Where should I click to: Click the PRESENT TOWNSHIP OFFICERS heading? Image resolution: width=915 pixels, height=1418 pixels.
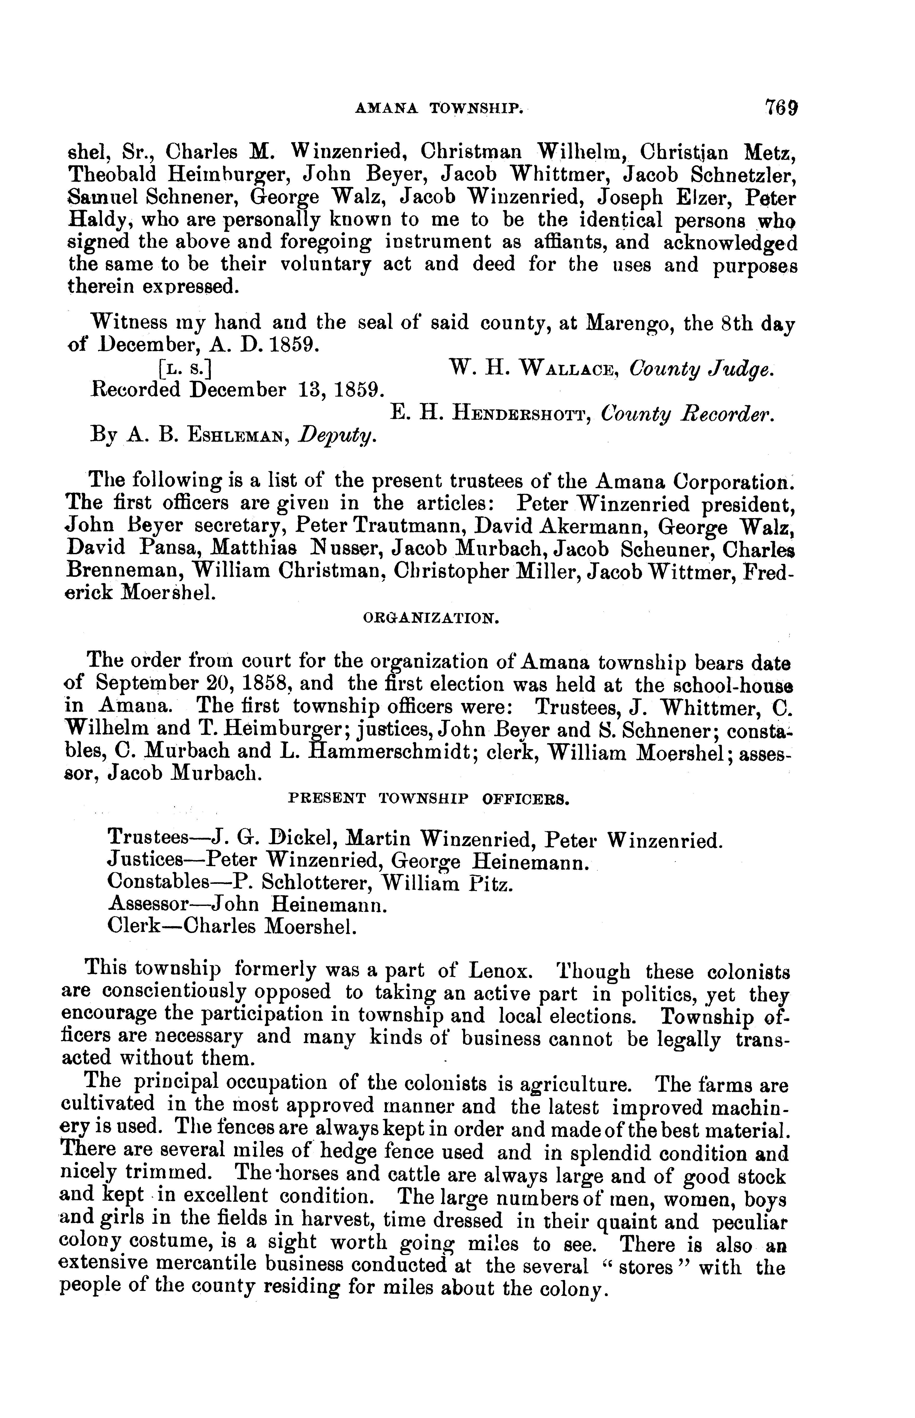(x=429, y=800)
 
